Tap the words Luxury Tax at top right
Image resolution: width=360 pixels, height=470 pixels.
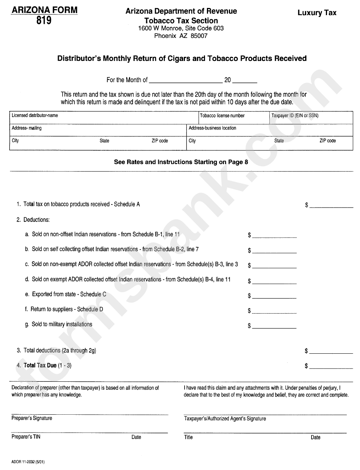[x=317, y=13]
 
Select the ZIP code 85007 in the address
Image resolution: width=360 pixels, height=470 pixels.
[x=198, y=36]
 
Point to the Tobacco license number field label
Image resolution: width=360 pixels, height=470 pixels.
[x=222, y=116]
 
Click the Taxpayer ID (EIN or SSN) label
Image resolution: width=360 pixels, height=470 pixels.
[x=295, y=116]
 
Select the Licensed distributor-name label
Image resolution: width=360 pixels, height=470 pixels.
[x=35, y=116]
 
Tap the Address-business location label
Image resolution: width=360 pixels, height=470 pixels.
[x=212, y=128]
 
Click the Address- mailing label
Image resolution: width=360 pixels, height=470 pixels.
[x=27, y=128]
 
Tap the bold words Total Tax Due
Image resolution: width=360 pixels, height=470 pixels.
[x=40, y=365]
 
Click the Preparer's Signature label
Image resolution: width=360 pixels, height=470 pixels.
[x=32, y=418]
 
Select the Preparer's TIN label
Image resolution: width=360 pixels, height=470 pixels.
[x=26, y=437]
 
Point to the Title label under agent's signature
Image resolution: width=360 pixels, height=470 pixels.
[x=188, y=437]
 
